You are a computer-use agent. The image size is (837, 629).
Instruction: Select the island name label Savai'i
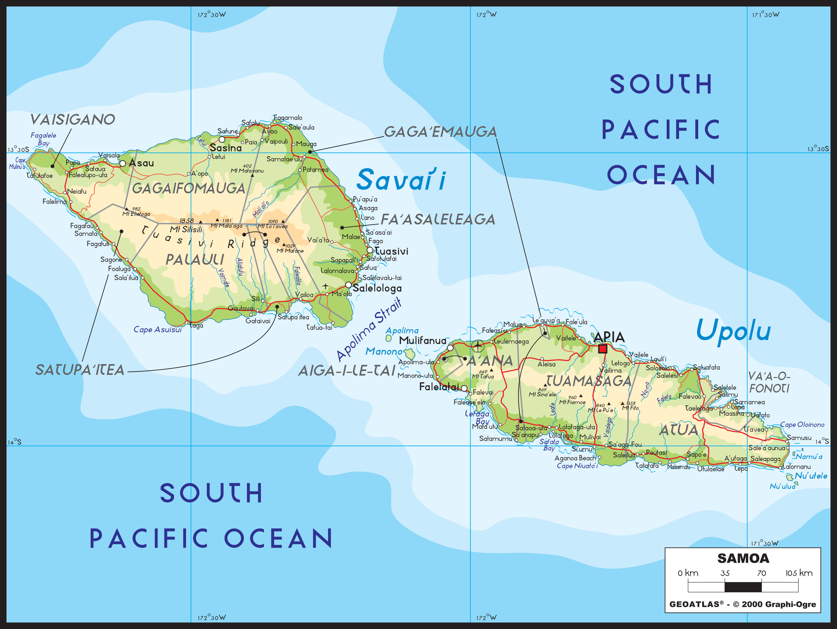(401, 180)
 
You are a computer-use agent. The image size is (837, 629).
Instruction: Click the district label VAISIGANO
(72, 120)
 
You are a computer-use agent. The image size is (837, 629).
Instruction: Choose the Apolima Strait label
(369, 329)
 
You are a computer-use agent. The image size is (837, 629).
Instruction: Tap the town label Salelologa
(377, 288)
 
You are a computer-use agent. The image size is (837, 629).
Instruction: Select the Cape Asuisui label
(157, 330)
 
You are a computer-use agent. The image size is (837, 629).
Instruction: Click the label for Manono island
(384, 351)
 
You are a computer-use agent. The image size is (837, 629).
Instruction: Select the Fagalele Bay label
(43, 139)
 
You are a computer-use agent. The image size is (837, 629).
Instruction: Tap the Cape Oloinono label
(802, 425)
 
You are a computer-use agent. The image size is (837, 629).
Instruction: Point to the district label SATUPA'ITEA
(80, 370)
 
